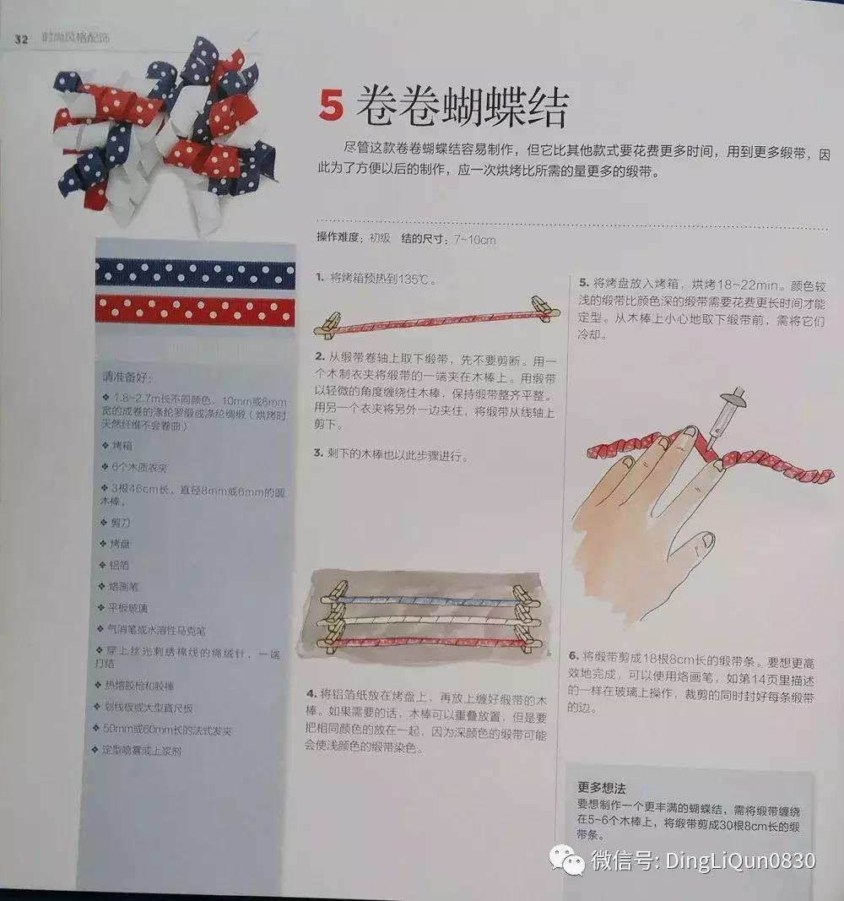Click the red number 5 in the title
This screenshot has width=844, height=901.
pos(332,107)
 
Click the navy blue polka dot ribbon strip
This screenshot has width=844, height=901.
pos(195,272)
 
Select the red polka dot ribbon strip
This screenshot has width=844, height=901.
pos(195,310)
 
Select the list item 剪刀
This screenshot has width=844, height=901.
pos(121,523)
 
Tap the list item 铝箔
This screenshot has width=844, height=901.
pos(121,565)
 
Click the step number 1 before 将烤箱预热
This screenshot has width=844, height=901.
pos(320,278)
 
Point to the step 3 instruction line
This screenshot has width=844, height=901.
pos(390,454)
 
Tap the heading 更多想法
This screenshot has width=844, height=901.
pos(602,788)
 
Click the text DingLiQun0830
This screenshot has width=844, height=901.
pos(741,861)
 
